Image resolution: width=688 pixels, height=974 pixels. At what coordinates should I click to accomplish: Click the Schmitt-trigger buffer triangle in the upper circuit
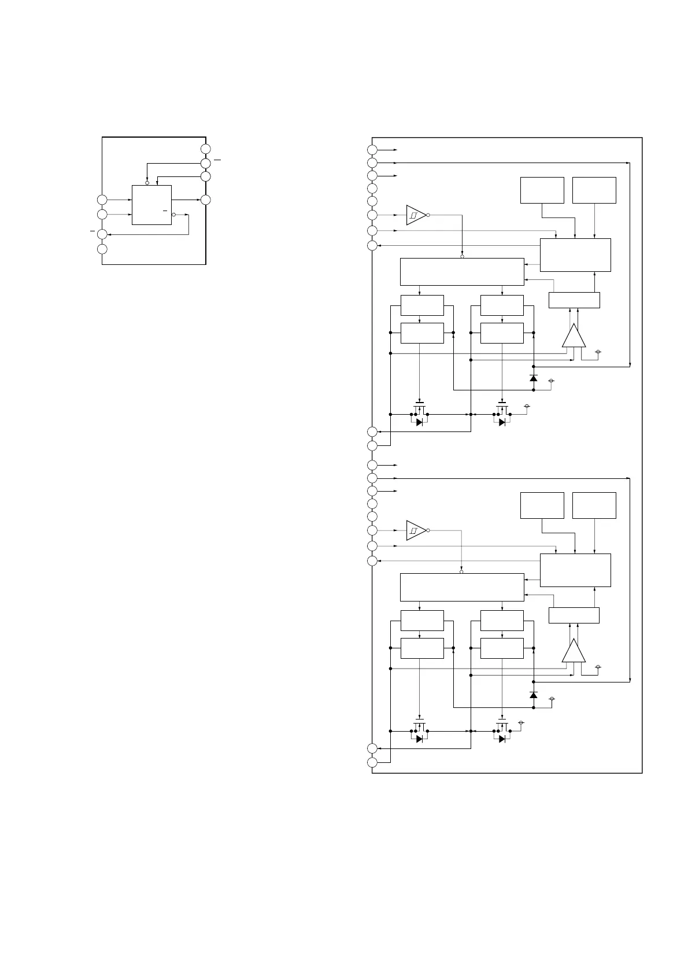(x=415, y=215)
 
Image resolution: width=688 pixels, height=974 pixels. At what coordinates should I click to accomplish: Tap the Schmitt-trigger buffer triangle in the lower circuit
(x=415, y=530)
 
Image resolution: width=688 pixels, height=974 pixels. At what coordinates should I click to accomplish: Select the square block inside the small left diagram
(x=151, y=205)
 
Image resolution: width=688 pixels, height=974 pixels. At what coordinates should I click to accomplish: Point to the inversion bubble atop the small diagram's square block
(x=147, y=183)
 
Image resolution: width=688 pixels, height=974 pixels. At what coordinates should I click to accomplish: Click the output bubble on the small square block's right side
(x=173, y=214)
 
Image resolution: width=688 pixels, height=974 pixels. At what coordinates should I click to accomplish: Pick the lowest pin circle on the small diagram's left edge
(x=102, y=249)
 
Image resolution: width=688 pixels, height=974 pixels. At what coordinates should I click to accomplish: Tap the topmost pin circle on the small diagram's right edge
(x=205, y=149)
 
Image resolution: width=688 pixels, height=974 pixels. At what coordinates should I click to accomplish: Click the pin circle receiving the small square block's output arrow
(x=205, y=200)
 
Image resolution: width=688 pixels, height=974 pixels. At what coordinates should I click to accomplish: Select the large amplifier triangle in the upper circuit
(x=574, y=337)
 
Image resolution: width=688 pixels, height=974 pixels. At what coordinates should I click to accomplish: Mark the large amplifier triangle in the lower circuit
(x=574, y=651)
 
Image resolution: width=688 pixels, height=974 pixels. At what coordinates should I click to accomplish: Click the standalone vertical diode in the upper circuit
(x=533, y=378)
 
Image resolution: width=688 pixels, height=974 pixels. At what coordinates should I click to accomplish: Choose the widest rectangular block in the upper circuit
(x=462, y=271)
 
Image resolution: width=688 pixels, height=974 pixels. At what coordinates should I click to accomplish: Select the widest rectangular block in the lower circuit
(x=462, y=587)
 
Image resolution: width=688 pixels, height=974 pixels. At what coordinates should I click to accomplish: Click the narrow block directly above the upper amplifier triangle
(x=574, y=300)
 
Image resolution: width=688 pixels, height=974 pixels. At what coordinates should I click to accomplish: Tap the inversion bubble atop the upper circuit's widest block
(x=462, y=256)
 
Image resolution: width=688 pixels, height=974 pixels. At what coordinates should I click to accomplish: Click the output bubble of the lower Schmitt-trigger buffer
(x=428, y=530)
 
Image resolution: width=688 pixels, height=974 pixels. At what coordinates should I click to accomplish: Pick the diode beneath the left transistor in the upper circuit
(x=419, y=422)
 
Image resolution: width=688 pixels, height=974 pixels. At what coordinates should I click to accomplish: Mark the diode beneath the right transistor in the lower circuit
(x=502, y=739)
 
